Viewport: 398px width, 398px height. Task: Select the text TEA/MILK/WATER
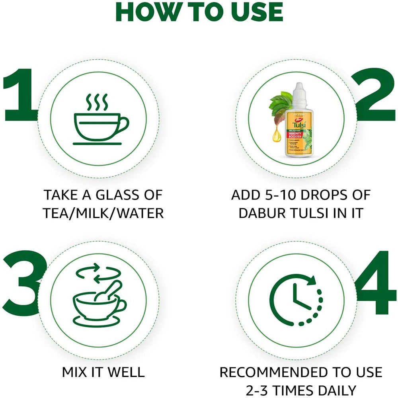[x=103, y=213]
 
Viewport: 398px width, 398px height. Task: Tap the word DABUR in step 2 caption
[x=261, y=213]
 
